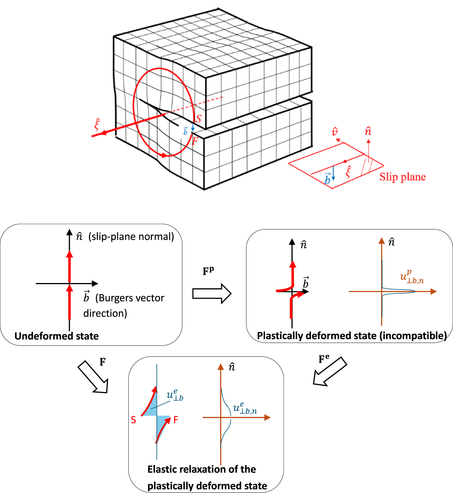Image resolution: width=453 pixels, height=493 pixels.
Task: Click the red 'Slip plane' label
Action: [402, 177]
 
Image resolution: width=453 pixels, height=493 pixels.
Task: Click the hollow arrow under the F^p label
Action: [212, 293]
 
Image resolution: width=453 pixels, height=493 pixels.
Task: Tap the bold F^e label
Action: [324, 359]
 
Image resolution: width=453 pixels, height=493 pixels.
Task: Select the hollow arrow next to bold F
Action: [93, 377]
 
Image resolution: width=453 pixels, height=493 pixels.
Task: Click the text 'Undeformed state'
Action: [56, 336]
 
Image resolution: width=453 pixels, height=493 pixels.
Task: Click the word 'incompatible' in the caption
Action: [413, 336]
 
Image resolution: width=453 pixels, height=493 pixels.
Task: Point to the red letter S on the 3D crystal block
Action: [198, 119]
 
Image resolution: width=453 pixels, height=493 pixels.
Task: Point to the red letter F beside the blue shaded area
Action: [176, 420]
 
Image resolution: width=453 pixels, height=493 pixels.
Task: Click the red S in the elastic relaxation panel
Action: [133, 420]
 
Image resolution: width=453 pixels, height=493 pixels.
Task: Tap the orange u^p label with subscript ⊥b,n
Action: [411, 277]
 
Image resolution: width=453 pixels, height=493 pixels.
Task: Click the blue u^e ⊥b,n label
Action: [245, 408]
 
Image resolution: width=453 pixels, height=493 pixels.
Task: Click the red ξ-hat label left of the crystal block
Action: [97, 125]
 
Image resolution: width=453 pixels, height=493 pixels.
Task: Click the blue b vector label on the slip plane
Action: [327, 178]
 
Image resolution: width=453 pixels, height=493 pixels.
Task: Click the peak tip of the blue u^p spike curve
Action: [415, 291]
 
